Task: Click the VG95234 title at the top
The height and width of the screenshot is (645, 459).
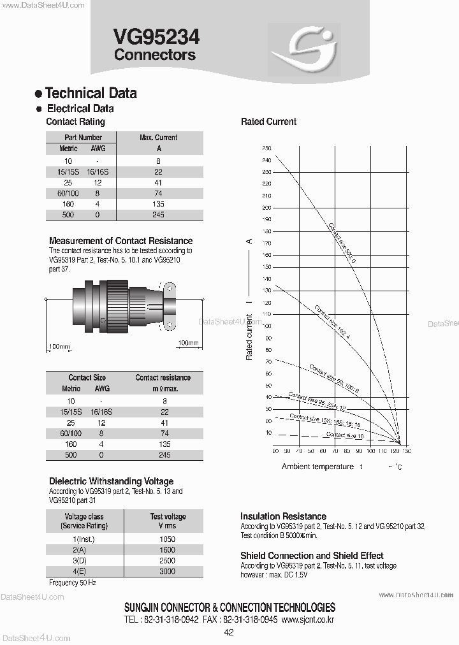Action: pyautogui.click(x=156, y=37)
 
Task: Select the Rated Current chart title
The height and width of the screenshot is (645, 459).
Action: pyautogui.click(x=268, y=122)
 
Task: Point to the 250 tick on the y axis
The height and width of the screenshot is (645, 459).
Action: pyautogui.click(x=266, y=148)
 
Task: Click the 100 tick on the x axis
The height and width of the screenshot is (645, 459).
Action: pyautogui.click(x=370, y=451)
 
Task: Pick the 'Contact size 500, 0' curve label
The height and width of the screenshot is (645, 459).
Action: pyautogui.click(x=342, y=242)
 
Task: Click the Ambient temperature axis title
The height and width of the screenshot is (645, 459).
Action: pyautogui.click(x=317, y=467)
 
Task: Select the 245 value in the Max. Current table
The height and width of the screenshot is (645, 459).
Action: pyautogui.click(x=158, y=215)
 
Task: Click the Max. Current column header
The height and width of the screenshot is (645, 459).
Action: pyautogui.click(x=158, y=138)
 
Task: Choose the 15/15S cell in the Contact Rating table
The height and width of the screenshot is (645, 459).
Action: pyautogui.click(x=68, y=172)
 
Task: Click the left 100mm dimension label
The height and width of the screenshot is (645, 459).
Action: pyautogui.click(x=59, y=347)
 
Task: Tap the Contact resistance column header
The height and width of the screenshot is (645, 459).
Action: pyautogui.click(x=163, y=378)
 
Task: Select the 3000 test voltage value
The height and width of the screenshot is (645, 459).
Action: pyautogui.click(x=167, y=572)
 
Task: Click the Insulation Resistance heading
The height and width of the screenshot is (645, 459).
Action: pyautogui.click(x=283, y=516)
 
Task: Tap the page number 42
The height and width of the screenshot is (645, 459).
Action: pyautogui.click(x=229, y=633)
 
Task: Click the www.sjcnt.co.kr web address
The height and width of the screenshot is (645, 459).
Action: pyautogui.click(x=307, y=620)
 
